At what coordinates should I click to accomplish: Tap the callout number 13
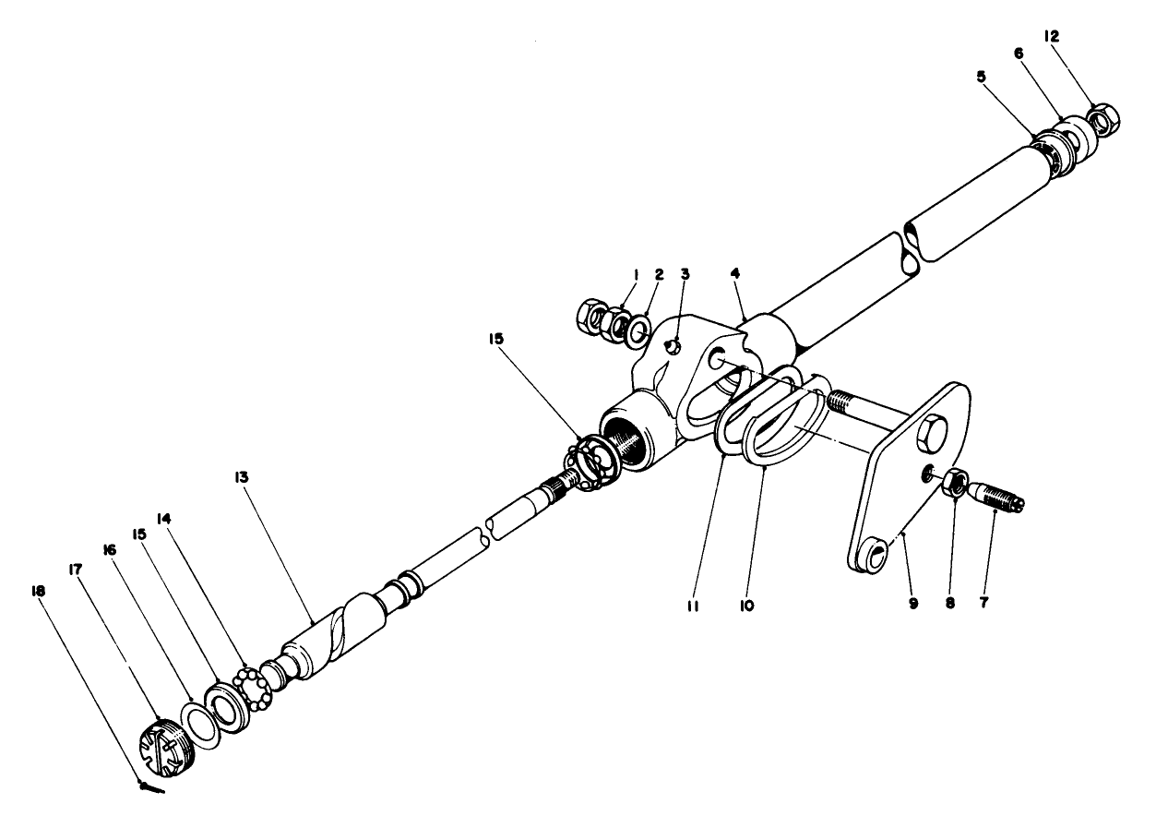coord(242,477)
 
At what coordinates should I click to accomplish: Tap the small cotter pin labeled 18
coord(151,787)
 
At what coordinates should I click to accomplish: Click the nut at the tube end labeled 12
coord(1103,118)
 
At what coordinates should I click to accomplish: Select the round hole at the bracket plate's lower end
coord(877,557)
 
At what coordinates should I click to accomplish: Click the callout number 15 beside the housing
coord(496,338)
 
